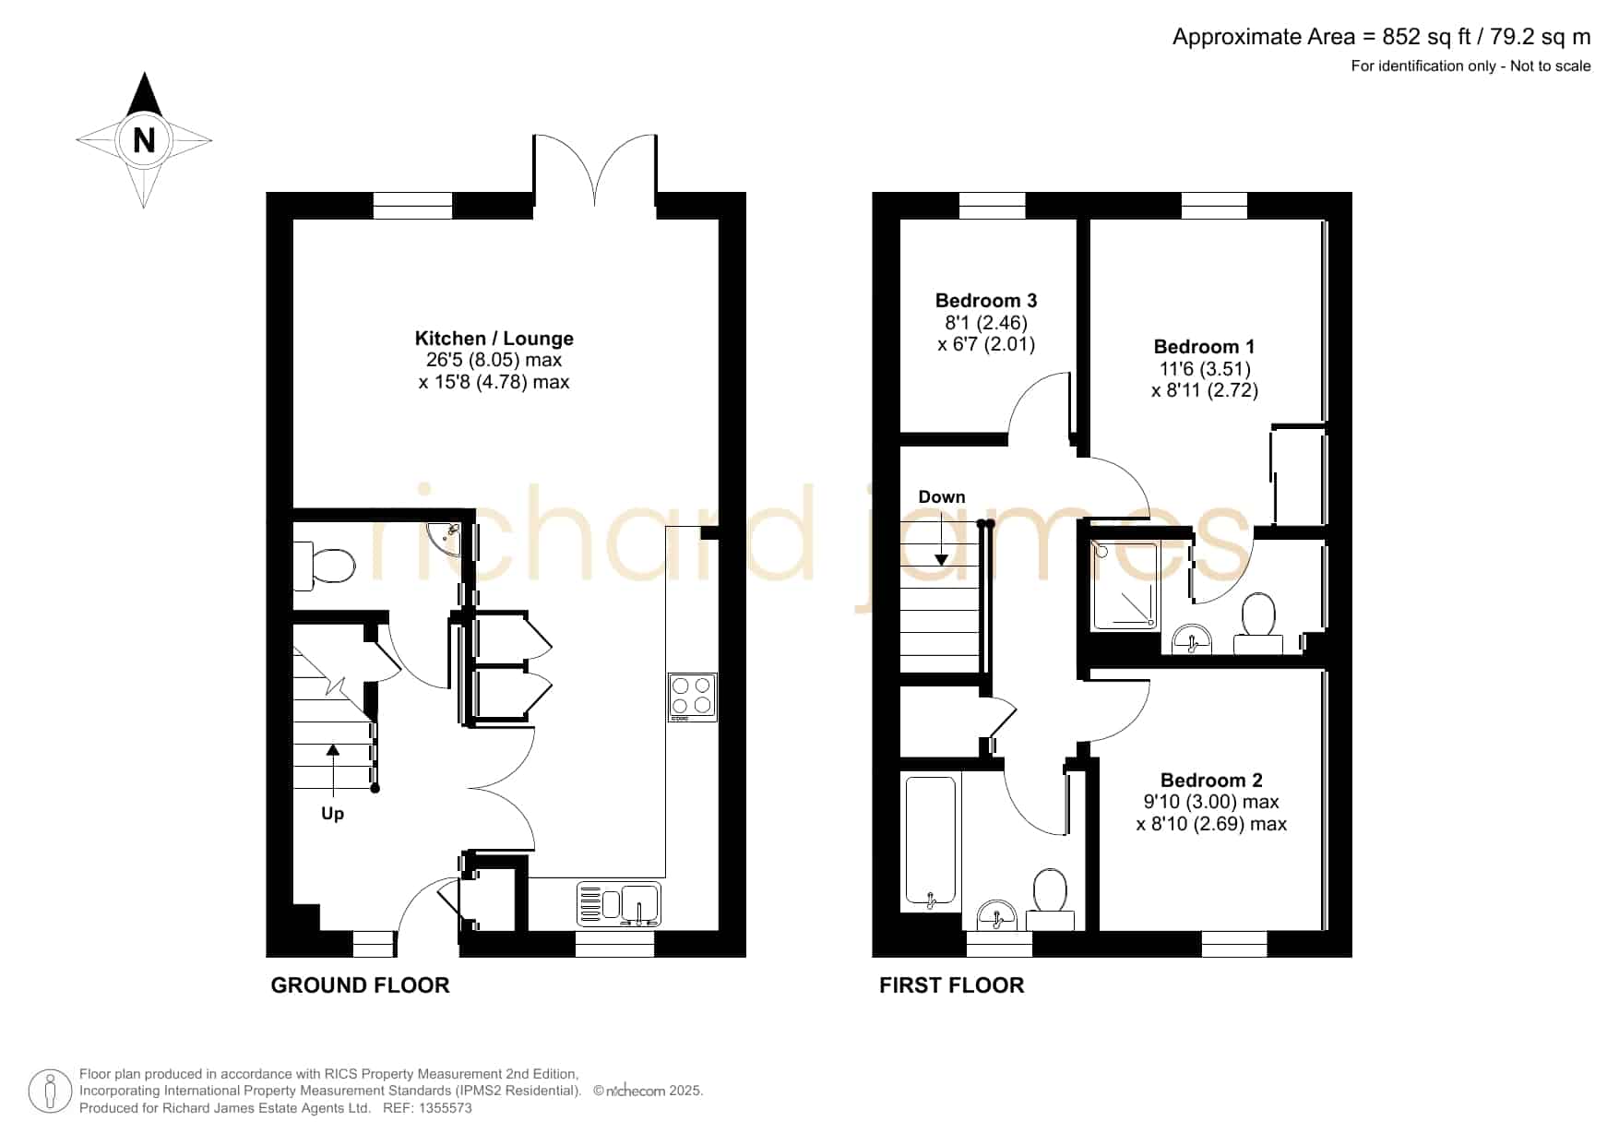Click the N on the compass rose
tap(144, 140)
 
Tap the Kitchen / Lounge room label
tap(494, 339)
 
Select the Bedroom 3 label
tap(986, 301)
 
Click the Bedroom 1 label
tap(1204, 347)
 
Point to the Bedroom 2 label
tap(1211, 781)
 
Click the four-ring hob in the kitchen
tap(692, 698)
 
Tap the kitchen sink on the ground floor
tap(619, 904)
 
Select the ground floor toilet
tap(324, 566)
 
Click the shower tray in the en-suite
tap(1125, 586)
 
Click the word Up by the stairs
tap(332, 814)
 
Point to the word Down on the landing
tap(942, 497)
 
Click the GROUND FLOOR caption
tap(360, 985)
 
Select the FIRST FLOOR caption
tap(951, 985)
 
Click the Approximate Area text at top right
tap(1381, 37)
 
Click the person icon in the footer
tap(50, 1091)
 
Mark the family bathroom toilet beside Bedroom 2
tap(1050, 899)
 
